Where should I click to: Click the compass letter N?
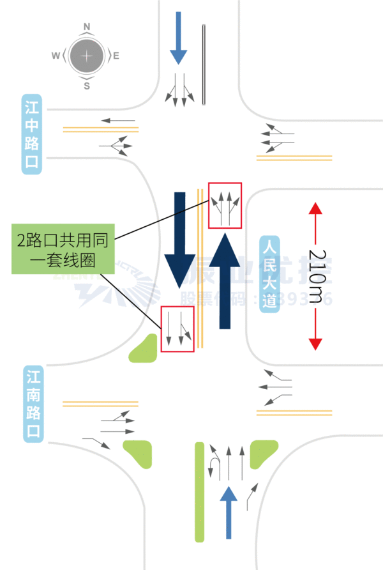[87, 27]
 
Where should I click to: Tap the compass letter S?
[87, 86]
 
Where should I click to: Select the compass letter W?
[56, 56]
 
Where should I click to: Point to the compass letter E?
[116, 56]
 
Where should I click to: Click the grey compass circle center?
[87, 56]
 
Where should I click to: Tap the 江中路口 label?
[32, 135]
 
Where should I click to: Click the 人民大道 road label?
[270, 273]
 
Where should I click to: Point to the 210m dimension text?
[317, 275]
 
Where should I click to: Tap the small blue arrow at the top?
[179, 38]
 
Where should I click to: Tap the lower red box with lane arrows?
[177, 329]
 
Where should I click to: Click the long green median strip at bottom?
[199, 492]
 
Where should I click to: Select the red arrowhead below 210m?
[315, 343]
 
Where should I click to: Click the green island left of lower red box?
[146, 349]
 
